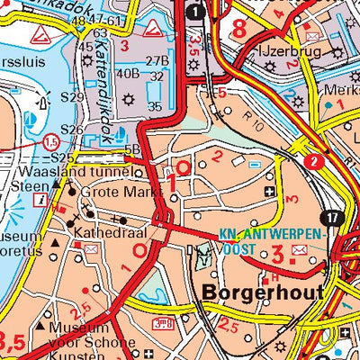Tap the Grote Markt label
tap(120, 193)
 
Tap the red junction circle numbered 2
tap(312, 161)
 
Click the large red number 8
tap(239, 30)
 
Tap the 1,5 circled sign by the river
tap(53, 142)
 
